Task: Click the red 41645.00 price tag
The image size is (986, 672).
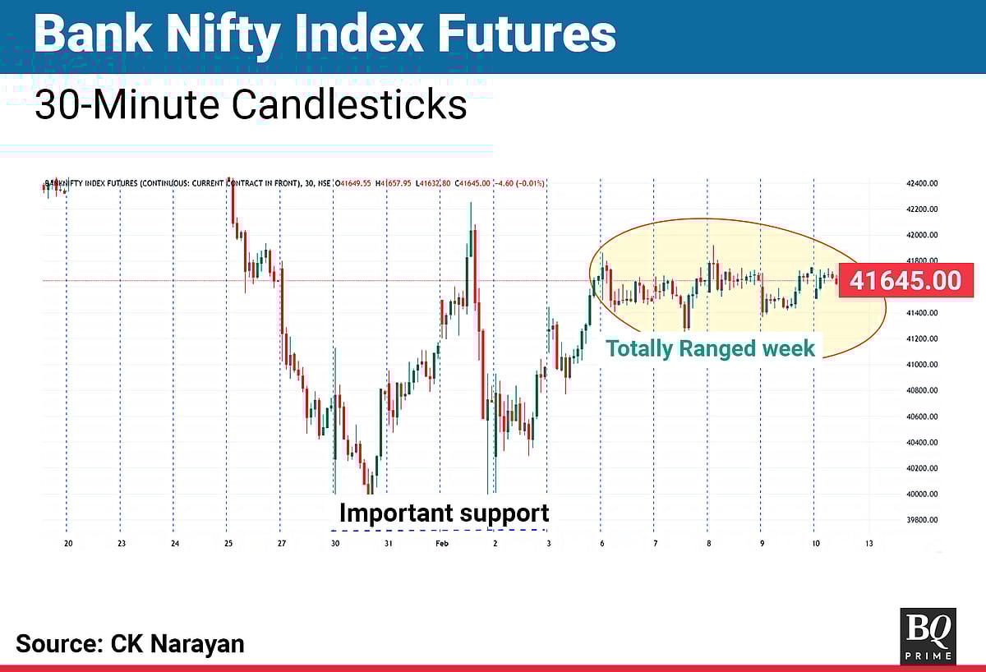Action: pyautogui.click(x=905, y=281)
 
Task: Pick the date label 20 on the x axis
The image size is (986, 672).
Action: pyautogui.click(x=69, y=543)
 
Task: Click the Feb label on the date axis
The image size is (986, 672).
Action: pyautogui.click(x=441, y=543)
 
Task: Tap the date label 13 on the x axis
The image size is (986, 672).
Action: pyautogui.click(x=869, y=543)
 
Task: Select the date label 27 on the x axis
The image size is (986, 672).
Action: pyautogui.click(x=282, y=543)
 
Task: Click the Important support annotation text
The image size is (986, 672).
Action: pyautogui.click(x=444, y=513)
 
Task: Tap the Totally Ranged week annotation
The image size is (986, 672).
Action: pyautogui.click(x=711, y=348)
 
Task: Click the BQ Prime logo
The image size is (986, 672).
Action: pyautogui.click(x=928, y=634)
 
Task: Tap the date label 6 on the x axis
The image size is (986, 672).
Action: pyautogui.click(x=601, y=543)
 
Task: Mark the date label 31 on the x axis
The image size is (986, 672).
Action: pyautogui.click(x=388, y=543)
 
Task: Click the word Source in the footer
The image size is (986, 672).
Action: pyautogui.click(x=57, y=643)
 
